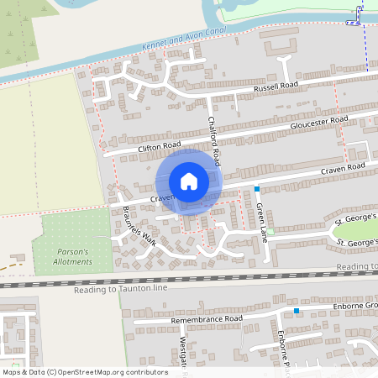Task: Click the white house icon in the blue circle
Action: [x=189, y=181]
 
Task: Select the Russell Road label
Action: [x=276, y=87]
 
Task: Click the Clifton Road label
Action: [x=160, y=147]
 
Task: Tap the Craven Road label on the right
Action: [x=342, y=168]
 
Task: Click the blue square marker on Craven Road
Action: [x=257, y=189]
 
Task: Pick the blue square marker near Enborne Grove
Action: [x=297, y=312]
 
